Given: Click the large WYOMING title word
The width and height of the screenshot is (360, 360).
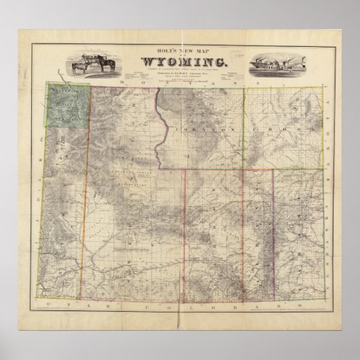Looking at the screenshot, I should (x=180, y=61).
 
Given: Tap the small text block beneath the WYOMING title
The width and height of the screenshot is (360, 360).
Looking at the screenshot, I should (x=180, y=73).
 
